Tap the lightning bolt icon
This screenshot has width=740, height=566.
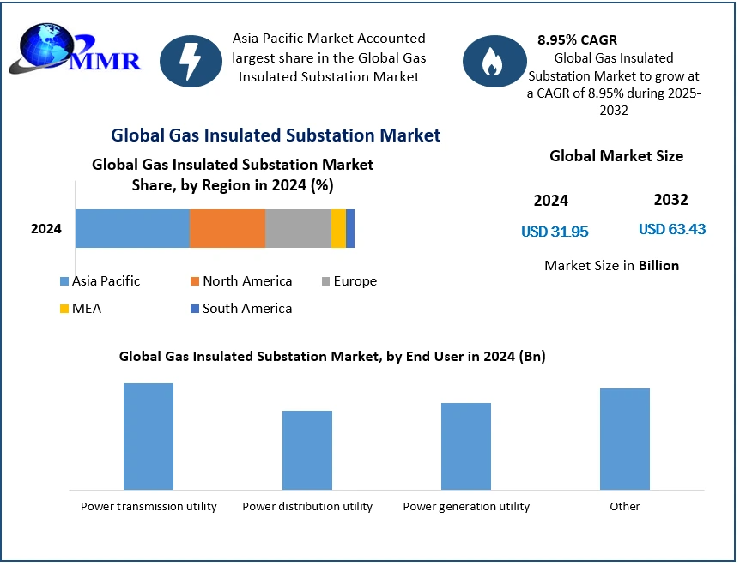point(191,60)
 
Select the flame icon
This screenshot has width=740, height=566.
point(491,60)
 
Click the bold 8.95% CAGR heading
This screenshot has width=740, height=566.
point(577,39)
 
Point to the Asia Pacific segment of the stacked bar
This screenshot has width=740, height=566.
point(132,228)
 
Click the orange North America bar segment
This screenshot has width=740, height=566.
point(227,228)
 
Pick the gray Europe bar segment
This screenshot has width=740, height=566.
point(298,228)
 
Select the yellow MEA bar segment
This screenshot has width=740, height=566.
point(338,228)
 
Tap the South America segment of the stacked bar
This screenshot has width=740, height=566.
point(350,228)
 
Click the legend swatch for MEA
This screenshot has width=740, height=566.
point(64,309)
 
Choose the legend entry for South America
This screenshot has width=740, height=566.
point(240,308)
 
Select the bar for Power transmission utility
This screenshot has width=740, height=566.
point(149,437)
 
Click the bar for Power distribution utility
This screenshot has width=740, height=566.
point(307,450)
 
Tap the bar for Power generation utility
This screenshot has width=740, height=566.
point(466,446)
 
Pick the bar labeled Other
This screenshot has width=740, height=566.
point(625,439)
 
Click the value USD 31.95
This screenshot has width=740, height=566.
point(555,232)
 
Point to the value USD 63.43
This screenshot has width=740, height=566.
point(672,229)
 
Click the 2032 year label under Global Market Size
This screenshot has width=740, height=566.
point(670,200)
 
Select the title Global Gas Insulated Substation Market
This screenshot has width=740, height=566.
point(276,135)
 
